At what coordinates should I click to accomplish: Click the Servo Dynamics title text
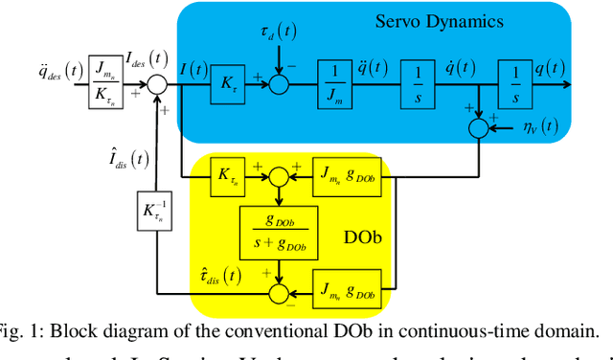(453, 20)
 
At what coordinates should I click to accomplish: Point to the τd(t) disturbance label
(279, 31)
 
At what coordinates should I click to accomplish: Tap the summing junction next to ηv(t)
(477, 126)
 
